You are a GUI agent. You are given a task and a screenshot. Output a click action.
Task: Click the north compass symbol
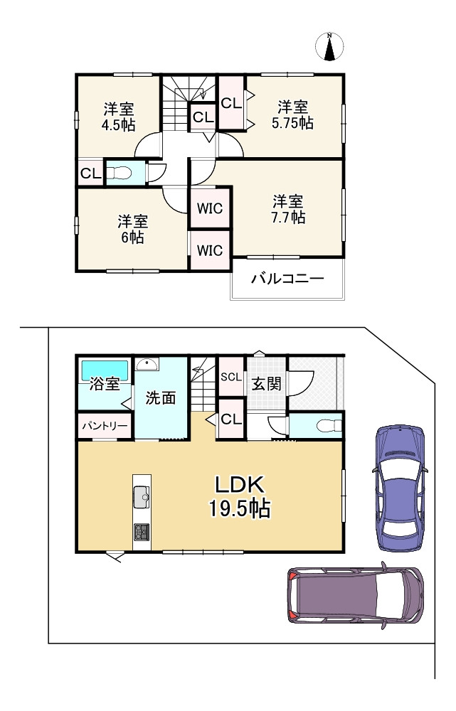tap(329, 46)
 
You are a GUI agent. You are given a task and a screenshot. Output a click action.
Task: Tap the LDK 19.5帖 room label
tap(240, 496)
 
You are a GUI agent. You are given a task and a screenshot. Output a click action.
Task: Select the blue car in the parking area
tap(400, 488)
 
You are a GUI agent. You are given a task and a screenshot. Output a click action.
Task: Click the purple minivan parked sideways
tap(356, 594)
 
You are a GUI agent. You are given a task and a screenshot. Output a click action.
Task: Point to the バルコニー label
tap(287, 278)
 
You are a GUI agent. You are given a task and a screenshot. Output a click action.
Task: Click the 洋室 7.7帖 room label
tap(288, 209)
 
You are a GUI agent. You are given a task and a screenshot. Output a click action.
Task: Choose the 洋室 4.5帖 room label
tap(118, 117)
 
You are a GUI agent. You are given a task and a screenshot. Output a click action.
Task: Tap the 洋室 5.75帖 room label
tap(292, 115)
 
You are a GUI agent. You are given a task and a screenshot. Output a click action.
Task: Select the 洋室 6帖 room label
tap(132, 230)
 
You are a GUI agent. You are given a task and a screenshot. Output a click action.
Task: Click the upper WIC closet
tap(210, 208)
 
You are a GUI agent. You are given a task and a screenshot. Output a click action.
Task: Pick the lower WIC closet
tap(210, 250)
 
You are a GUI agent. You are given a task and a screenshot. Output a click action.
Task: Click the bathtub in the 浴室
tap(105, 370)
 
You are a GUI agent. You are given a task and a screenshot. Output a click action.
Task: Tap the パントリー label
tap(105, 426)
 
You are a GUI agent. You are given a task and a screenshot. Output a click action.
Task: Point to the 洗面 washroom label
tap(161, 397)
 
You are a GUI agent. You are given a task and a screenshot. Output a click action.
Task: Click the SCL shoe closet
tap(231, 376)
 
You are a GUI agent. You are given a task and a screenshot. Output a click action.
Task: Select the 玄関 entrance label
tap(266, 384)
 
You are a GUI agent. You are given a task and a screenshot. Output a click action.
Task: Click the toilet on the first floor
tap(329, 425)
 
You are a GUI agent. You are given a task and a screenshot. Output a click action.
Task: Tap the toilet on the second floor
tap(119, 173)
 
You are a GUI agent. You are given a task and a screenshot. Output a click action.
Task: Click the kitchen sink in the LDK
tap(142, 497)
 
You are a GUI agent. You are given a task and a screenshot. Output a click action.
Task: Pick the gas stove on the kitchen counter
tap(142, 531)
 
